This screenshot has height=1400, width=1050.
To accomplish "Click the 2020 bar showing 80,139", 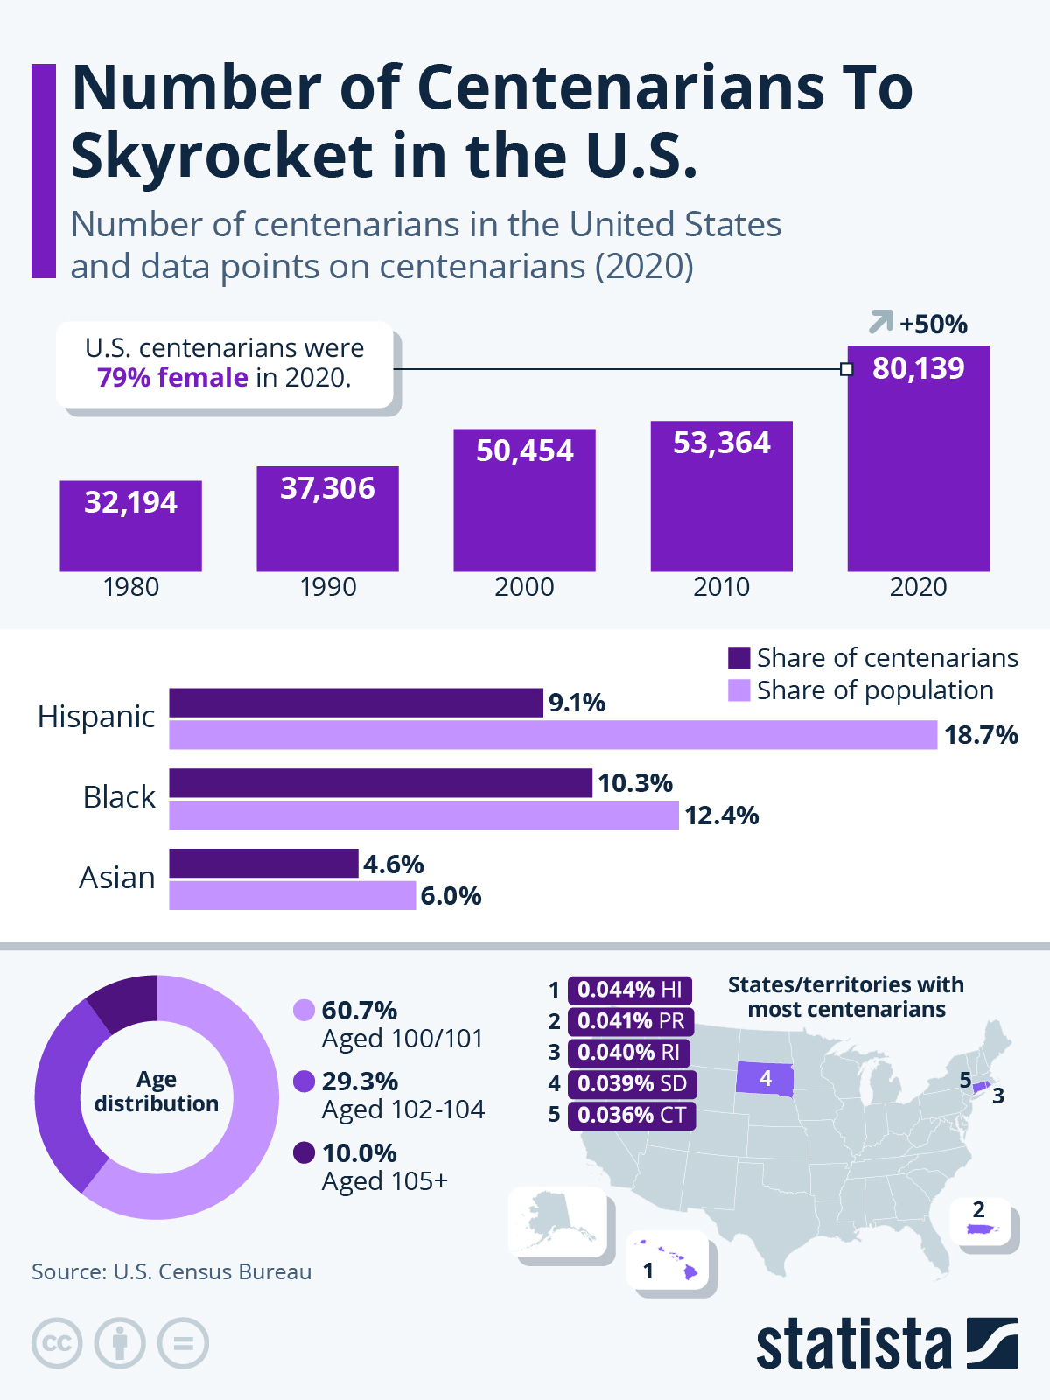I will pyautogui.click(x=918, y=472).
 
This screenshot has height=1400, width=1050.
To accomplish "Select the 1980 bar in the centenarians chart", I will pyautogui.click(x=130, y=534).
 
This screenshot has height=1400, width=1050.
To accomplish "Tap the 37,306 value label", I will pyautogui.click(x=327, y=488).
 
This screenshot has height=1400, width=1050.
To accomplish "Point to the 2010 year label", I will pyautogui.click(x=721, y=587).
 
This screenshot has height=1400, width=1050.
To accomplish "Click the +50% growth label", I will pyautogui.click(x=933, y=325).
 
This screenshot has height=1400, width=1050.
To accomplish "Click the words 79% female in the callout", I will pyautogui.click(x=172, y=378).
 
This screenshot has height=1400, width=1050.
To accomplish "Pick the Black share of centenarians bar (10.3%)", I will pyautogui.click(x=381, y=783).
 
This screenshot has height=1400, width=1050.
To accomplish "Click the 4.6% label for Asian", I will pyautogui.click(x=394, y=864).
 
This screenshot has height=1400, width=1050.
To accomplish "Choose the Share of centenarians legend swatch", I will pyautogui.click(x=739, y=658).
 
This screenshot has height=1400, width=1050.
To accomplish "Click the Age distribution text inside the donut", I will pyautogui.click(x=157, y=1091).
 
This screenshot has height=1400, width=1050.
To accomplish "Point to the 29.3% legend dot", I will pyautogui.click(x=304, y=1081).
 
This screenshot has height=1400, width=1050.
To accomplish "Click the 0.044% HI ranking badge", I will pyautogui.click(x=630, y=990).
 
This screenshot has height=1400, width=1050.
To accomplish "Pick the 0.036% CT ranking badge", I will pyautogui.click(x=631, y=1116).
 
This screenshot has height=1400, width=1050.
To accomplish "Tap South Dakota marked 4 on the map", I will pyautogui.click(x=765, y=1078).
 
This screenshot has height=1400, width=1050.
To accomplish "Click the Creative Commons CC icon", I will pyautogui.click(x=57, y=1343).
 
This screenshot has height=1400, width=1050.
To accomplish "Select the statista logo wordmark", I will pyautogui.click(x=853, y=1345).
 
